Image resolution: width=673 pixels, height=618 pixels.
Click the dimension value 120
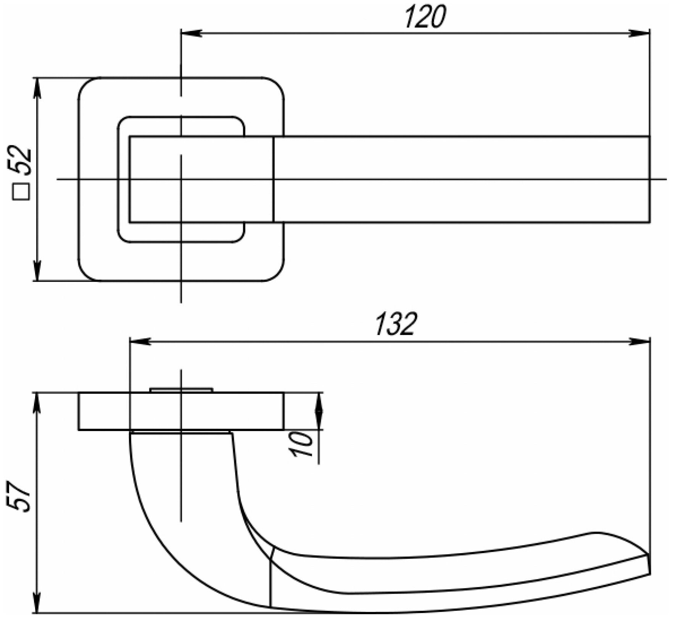coord(425,17)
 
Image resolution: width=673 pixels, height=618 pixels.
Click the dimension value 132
coord(394,325)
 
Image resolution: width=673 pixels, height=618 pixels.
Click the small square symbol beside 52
coord(21,192)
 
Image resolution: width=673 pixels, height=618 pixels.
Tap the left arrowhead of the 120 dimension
coord(191,33)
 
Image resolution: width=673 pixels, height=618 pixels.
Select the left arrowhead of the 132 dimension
coord(140,341)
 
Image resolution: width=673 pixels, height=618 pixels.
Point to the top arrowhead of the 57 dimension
coord(37,403)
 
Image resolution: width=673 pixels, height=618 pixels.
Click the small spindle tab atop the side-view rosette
coord(181,390)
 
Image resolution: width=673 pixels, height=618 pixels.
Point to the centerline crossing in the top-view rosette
coord(181,179)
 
